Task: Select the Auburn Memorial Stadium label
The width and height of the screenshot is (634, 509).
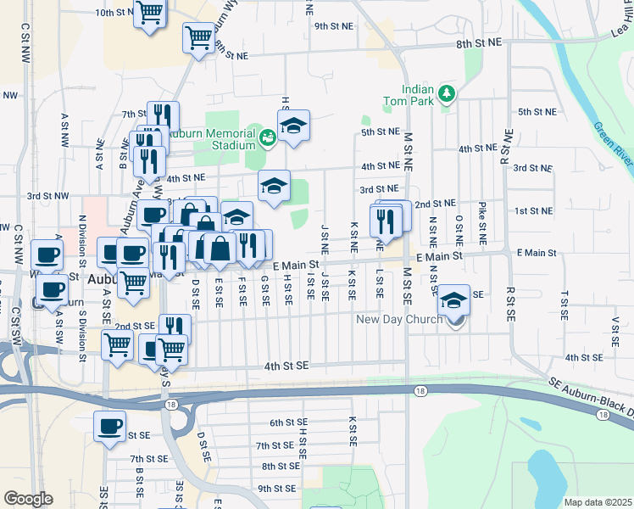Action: click(210, 139)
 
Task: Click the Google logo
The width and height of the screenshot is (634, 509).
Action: click(28, 499)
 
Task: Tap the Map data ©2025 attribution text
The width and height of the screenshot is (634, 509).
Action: click(598, 502)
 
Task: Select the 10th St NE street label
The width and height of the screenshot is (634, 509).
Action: click(115, 13)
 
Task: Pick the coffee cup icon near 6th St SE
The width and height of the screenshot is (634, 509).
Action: click(109, 427)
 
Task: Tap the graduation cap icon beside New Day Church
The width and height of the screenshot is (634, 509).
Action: click(454, 301)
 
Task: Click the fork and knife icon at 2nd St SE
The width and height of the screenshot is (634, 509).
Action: click(175, 329)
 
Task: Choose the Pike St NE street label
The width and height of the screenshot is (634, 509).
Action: click(482, 223)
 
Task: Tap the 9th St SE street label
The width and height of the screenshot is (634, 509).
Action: click(276, 488)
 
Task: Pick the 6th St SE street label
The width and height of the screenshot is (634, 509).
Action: click(287, 422)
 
